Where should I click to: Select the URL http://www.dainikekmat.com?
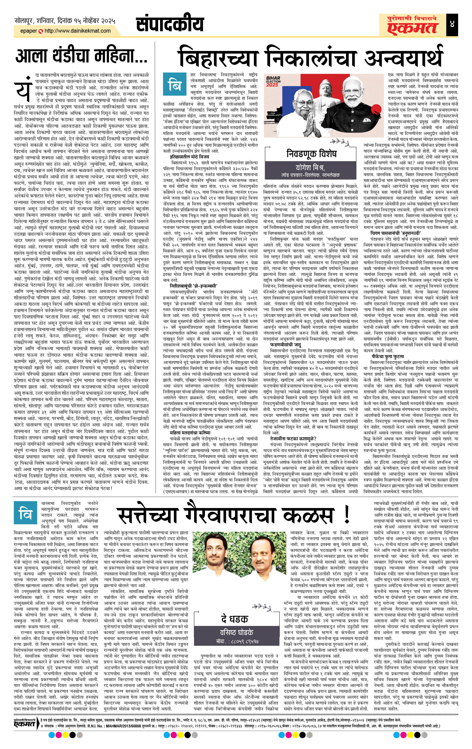pos(78,31)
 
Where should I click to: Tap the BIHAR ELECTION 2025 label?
pos(273,82)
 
